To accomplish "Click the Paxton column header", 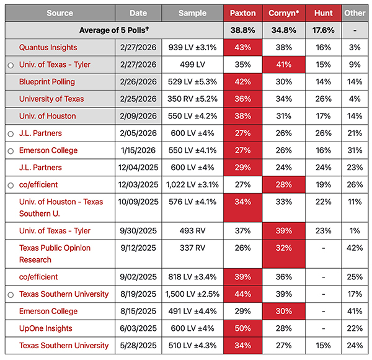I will (x=242, y=13).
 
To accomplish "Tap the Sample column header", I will (x=192, y=13).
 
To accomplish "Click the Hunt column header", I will (x=323, y=13).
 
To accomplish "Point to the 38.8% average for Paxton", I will (x=242, y=30).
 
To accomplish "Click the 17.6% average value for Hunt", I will (x=323, y=30).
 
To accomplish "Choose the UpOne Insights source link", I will (x=46, y=328).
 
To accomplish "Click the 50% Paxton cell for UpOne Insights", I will (x=242, y=328).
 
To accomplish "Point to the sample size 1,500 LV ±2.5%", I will (x=192, y=294).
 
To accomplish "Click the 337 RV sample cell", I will (x=192, y=248).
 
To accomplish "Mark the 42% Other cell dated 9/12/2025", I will (x=355, y=248).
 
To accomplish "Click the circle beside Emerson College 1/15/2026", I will (x=11, y=151).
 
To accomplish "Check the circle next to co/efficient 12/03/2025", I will (x=11, y=185).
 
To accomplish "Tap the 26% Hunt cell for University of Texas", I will (x=323, y=99).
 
